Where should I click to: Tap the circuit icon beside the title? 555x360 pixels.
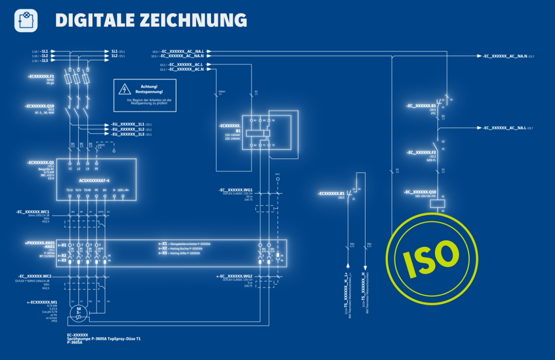26,20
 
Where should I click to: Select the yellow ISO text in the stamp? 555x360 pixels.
432,258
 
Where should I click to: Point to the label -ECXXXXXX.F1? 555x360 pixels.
41,77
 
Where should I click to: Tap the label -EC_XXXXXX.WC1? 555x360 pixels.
33,212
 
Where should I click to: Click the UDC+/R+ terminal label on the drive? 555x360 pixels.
123,190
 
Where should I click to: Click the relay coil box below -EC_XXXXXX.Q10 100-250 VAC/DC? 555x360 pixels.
437,203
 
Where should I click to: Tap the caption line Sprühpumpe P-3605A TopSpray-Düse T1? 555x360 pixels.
104,339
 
